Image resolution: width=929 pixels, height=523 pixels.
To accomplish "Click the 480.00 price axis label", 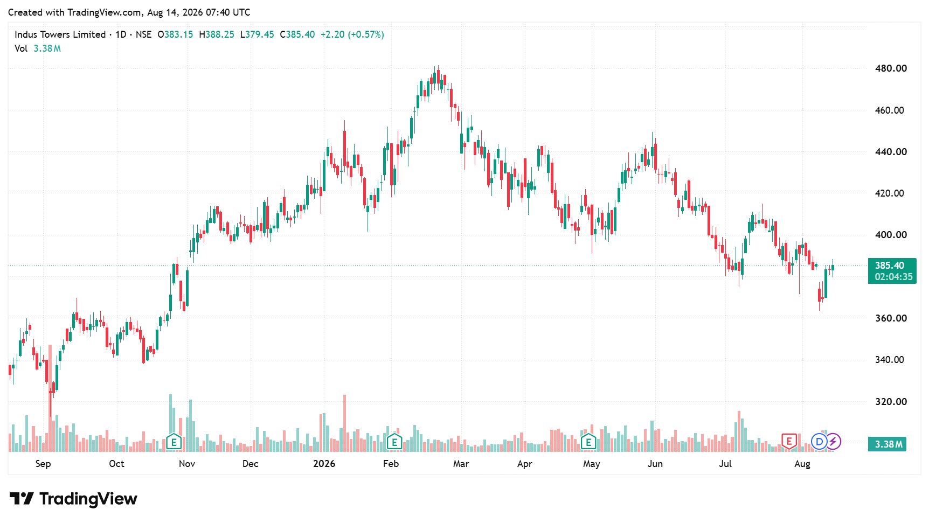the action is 891,68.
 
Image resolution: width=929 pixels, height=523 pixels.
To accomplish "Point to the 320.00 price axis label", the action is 891,402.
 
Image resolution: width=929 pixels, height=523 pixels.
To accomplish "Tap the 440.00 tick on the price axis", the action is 891,152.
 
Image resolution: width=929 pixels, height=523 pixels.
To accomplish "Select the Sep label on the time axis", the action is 43,464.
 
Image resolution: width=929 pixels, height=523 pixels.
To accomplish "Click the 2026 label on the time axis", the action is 324,464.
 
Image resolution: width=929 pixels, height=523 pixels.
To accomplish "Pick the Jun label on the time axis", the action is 655,464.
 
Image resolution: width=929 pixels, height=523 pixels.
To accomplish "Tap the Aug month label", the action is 802,464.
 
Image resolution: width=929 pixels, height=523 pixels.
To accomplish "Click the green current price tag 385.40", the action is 892,271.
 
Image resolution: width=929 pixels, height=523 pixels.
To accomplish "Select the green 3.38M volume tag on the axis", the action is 888,444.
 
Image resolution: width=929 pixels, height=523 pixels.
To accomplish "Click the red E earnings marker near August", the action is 789,442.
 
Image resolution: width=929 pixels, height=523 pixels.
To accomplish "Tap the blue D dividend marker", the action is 819,442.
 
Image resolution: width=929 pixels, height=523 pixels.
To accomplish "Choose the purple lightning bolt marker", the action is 833,442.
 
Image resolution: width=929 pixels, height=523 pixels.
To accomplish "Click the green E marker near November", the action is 174,442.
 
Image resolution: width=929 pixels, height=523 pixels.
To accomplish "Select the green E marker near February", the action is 394,442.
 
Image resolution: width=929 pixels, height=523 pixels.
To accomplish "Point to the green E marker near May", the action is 588,442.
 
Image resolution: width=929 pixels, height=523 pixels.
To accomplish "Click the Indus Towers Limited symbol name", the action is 60,34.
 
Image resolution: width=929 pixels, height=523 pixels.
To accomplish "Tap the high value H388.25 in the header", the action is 217,34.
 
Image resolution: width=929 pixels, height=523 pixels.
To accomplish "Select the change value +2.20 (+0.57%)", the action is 352,34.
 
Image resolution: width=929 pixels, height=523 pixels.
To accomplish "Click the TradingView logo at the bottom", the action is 74,499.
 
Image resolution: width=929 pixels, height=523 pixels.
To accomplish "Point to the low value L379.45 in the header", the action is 257,34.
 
